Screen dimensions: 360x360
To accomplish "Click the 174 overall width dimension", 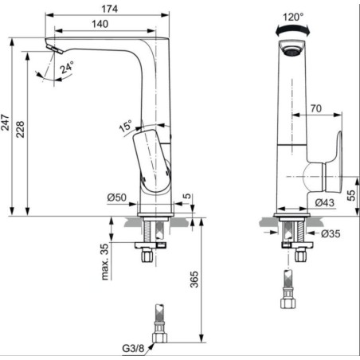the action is (x=109, y=9).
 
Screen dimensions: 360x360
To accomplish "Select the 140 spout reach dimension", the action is (x=100, y=24).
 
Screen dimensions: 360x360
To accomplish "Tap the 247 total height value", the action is (x=5, y=123).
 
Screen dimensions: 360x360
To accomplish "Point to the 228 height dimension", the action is (x=20, y=129).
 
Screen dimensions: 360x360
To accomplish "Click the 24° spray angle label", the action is (x=67, y=68).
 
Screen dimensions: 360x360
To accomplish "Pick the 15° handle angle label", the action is (x=125, y=126).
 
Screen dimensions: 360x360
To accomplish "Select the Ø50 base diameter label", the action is (x=117, y=198).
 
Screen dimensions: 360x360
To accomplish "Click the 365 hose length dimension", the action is (x=194, y=279).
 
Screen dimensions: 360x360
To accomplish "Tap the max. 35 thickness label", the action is (x=105, y=262).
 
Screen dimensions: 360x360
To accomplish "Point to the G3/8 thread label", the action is (x=133, y=348).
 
